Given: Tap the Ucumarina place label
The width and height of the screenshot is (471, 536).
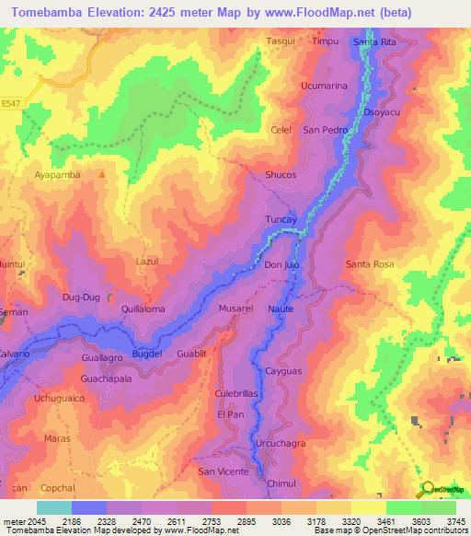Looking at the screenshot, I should click(x=324, y=86).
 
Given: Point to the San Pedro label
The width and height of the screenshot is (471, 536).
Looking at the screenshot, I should click(x=326, y=130).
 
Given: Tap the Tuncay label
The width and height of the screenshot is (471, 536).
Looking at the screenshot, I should click(x=281, y=220).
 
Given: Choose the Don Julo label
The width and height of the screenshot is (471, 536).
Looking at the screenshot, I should click(x=282, y=264).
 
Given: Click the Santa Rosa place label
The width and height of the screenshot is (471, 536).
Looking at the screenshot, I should click(x=370, y=264).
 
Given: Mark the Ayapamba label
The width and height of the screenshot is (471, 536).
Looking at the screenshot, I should click(x=57, y=174).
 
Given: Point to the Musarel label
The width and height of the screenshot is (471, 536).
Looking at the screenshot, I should click(x=235, y=309).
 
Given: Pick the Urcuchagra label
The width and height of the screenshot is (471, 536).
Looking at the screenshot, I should click(x=279, y=443).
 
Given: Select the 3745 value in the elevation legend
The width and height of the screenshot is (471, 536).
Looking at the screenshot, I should click(x=456, y=520).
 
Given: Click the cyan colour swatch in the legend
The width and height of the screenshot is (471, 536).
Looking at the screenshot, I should click(x=53, y=507).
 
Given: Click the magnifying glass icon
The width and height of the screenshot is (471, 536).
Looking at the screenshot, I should click(x=427, y=488).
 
